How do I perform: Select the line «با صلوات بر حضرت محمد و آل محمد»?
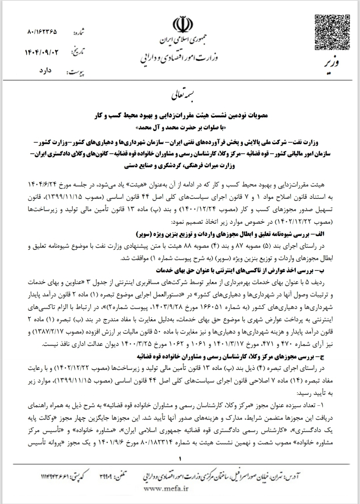point(181,128)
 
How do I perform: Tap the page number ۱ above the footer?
point(180,459)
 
